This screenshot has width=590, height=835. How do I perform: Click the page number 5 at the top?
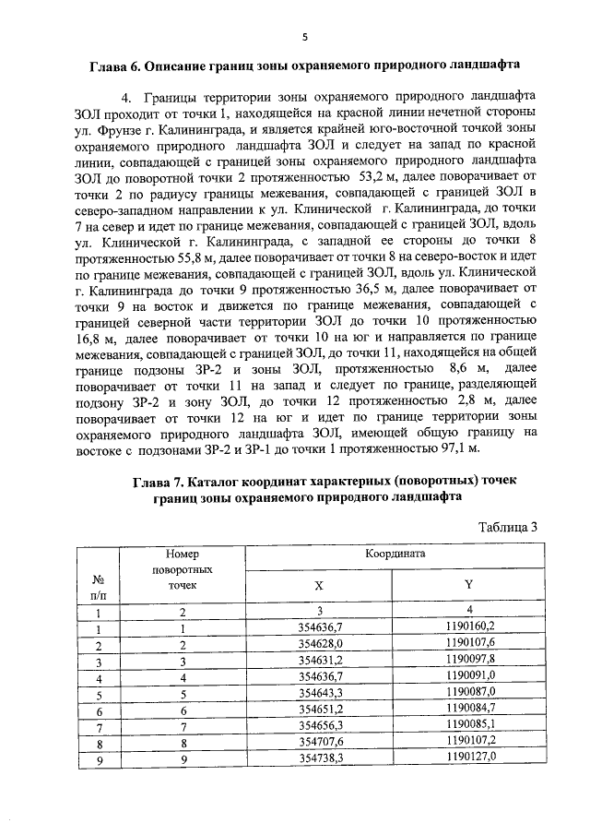click(x=303, y=37)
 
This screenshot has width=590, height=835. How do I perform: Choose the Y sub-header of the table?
click(x=468, y=586)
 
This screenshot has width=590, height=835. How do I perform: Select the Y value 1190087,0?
click(x=468, y=692)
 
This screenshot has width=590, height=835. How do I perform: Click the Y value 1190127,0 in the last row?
click(x=468, y=757)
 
